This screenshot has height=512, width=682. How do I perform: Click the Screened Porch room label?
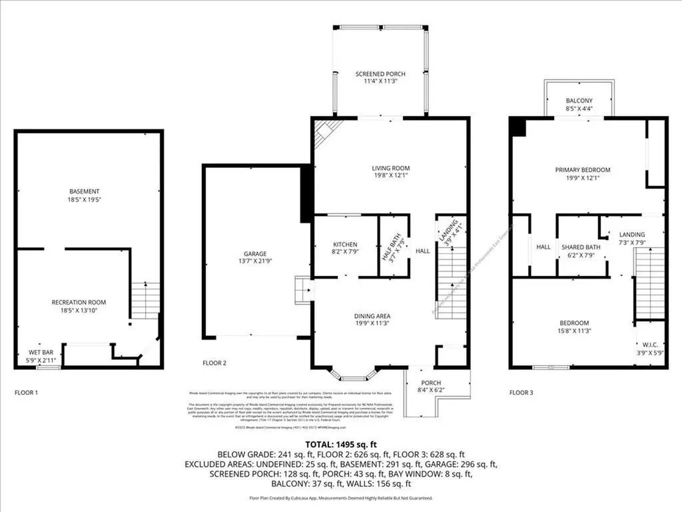point(380,74)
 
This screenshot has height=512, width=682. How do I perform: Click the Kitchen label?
point(345,245)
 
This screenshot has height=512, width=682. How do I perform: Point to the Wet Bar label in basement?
point(38,352)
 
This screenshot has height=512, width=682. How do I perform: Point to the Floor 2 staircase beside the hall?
point(451,280)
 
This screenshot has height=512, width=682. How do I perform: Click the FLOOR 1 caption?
point(27,393)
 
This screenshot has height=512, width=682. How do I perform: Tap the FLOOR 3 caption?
point(522,393)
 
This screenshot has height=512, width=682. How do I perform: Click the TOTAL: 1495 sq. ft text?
point(340,443)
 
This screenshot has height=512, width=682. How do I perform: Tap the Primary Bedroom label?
point(583,170)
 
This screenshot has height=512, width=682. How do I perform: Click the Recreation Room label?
point(79,302)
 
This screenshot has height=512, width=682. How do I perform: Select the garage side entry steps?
point(303,291)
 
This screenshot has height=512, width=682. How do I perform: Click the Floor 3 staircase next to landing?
point(649,283)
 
